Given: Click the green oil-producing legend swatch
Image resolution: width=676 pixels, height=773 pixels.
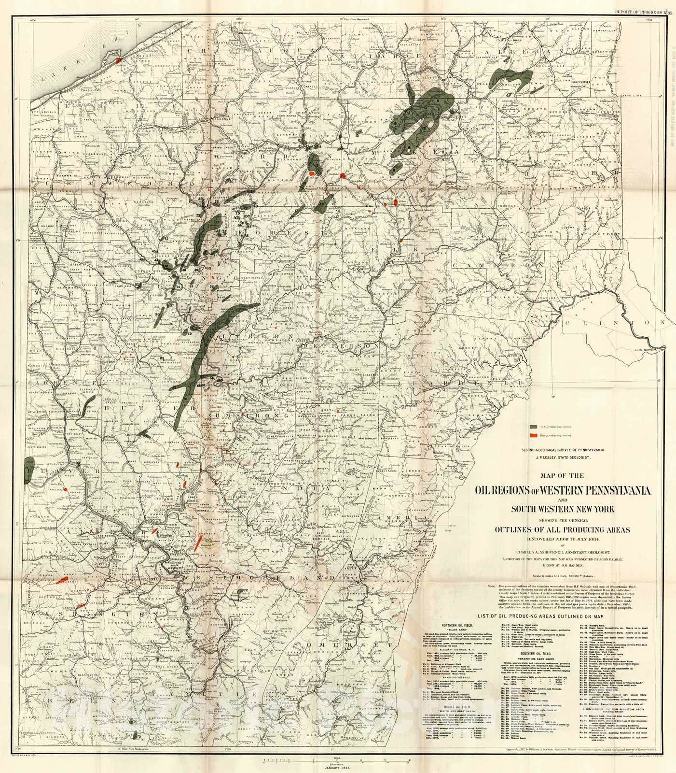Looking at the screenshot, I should (x=534, y=427).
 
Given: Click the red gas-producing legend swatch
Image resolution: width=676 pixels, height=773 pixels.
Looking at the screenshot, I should (x=534, y=436).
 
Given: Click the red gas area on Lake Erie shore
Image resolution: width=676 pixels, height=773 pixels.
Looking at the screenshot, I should (x=118, y=60).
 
